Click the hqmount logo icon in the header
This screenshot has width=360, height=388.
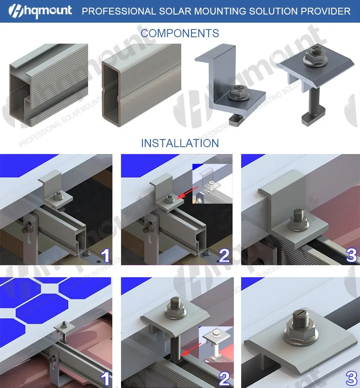coord(11,11)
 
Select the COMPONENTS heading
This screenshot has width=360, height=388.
coord(180,33)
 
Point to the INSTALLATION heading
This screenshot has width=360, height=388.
coord(180,143)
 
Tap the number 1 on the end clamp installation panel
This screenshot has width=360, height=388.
coord(104,256)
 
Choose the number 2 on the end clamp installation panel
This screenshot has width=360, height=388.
coord(224,256)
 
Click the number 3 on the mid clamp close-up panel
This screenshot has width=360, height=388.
coord(351,378)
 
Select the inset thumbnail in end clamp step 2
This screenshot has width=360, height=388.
coord(212,183)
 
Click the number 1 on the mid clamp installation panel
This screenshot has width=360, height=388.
coord(104,378)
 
